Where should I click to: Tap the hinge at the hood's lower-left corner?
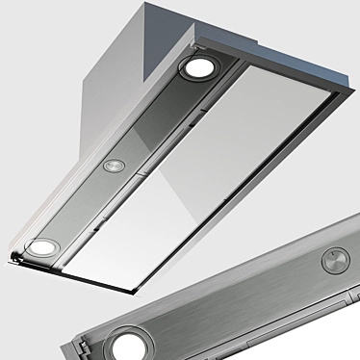[13, 256]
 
